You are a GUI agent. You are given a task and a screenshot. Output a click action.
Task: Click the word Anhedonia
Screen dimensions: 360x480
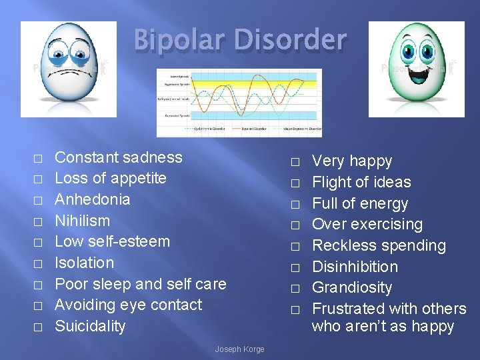coord(92,199)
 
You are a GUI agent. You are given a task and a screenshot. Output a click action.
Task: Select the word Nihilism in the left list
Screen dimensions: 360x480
coord(82,221)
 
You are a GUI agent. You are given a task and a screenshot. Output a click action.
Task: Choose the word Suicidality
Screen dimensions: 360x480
coord(90,326)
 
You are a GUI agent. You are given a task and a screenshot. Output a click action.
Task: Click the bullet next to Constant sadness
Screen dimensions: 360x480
coord(38,159)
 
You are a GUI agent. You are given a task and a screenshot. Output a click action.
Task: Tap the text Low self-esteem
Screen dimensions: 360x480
coord(112,241)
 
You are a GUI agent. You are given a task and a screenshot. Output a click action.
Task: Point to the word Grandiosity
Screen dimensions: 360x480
coord(352,287)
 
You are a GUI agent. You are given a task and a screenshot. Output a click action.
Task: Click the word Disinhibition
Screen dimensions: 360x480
coord(355,267)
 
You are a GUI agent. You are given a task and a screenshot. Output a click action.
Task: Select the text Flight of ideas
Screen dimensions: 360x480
coord(361,182)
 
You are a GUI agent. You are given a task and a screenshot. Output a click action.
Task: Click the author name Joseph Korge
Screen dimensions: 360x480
coord(239,349)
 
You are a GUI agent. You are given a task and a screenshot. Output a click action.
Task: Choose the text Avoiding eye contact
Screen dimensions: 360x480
coord(128,305)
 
